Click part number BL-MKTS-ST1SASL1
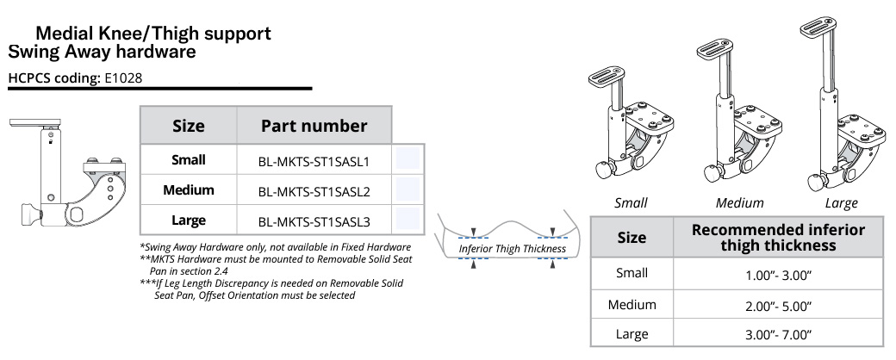(314, 160)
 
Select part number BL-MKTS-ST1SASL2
(314, 190)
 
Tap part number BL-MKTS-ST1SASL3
(314, 220)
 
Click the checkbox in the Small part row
(407, 159)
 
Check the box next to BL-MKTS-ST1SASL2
(407, 189)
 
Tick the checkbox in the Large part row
(407, 219)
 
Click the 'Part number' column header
(314, 126)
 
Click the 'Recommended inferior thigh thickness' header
(778, 237)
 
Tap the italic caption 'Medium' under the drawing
(739, 203)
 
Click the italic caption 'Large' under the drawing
(841, 203)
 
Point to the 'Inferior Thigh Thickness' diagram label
(512, 249)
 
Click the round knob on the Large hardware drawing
(814, 183)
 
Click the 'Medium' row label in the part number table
(188, 190)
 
